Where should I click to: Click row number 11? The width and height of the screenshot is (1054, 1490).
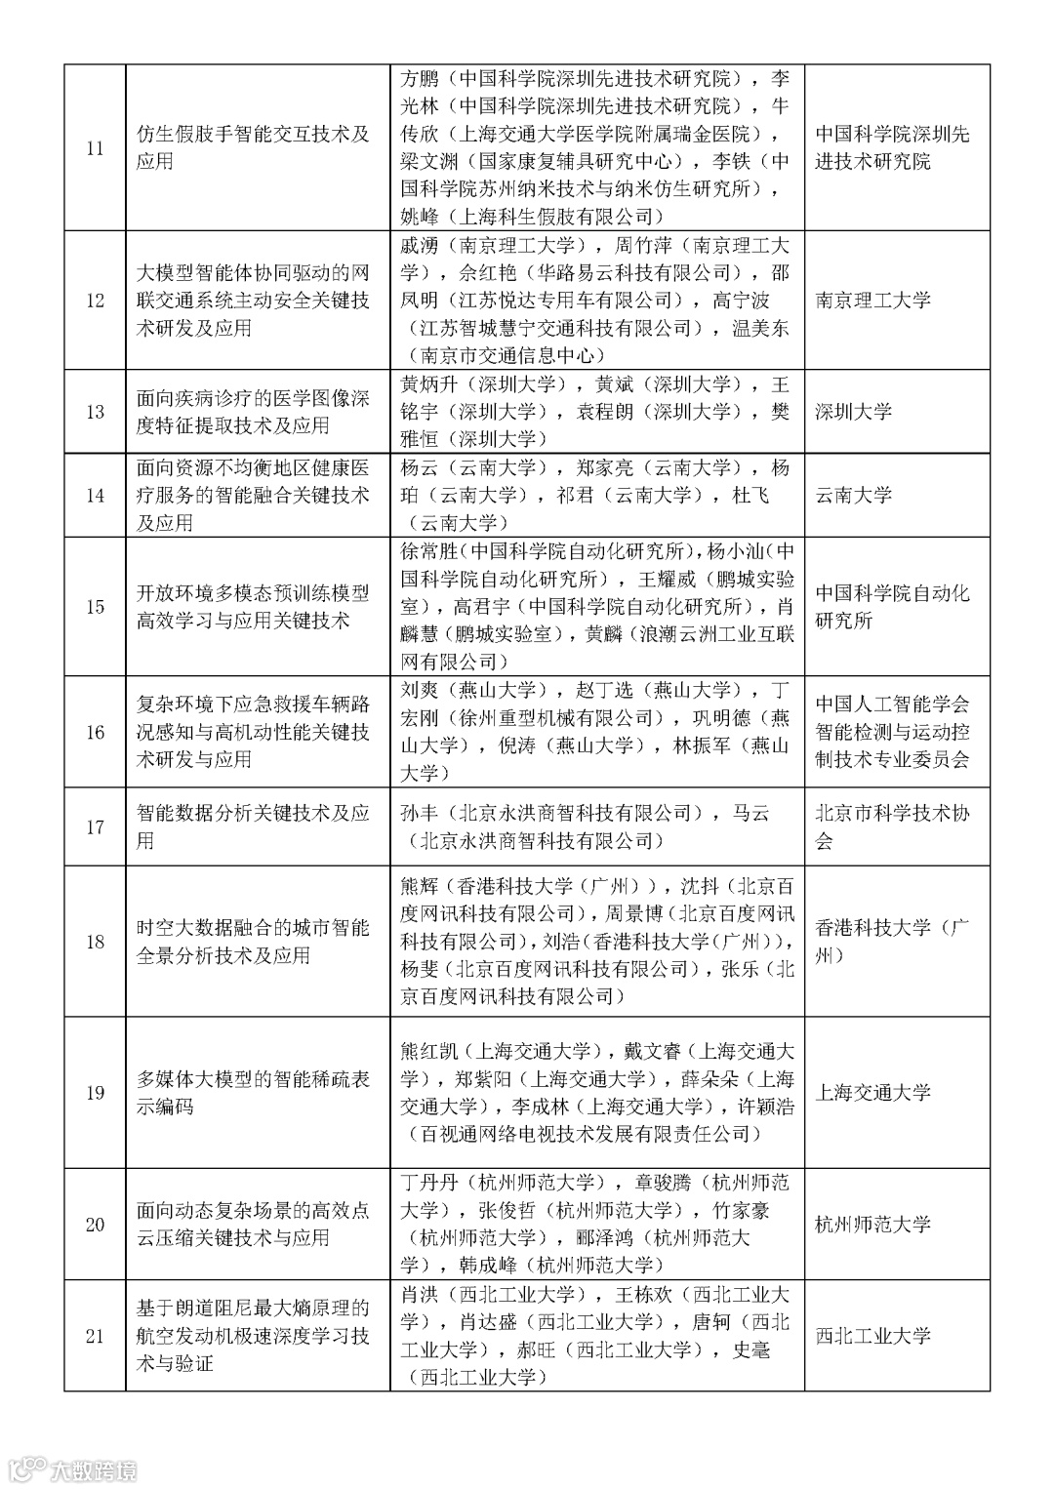coord(95,148)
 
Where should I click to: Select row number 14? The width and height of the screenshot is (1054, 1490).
coord(95,495)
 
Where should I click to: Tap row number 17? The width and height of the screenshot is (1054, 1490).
coord(95,826)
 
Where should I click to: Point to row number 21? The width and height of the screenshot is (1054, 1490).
coord(95,1336)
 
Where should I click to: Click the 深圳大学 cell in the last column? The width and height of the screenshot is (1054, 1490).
coord(853,412)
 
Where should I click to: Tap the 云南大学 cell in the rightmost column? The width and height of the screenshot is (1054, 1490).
coord(853,495)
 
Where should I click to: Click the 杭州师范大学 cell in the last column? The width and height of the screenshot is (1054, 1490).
coord(872,1225)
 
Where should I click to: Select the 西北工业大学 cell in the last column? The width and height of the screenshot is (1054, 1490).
coord(872,1336)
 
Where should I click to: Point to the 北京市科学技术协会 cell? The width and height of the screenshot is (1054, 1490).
coord(892,826)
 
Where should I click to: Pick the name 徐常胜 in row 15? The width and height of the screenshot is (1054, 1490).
coord(428,551)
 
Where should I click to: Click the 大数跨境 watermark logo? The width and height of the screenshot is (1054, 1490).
coord(72,1469)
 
